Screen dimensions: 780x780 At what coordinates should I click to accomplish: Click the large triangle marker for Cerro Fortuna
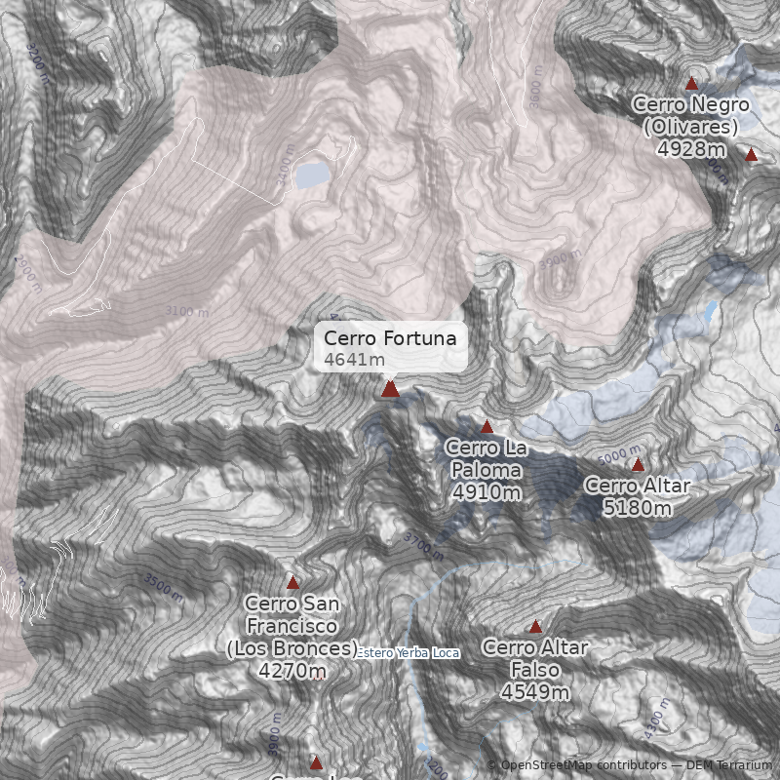(390, 389)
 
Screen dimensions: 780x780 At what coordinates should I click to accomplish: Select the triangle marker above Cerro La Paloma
(487, 426)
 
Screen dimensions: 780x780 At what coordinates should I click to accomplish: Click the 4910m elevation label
(487, 492)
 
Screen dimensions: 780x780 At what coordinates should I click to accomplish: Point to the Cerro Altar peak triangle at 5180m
(638, 465)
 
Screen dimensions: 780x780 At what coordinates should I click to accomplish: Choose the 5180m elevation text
(637, 508)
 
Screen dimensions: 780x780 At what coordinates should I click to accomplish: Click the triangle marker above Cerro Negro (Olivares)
(692, 84)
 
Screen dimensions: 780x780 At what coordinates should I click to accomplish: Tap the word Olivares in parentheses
(691, 127)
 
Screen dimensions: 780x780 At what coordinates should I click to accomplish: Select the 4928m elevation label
(691, 149)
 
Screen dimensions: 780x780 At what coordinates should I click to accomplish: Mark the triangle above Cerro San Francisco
(292, 582)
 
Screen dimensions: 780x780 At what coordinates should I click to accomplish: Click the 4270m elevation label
(292, 671)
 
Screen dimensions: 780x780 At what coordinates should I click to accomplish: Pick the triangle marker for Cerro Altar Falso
(535, 626)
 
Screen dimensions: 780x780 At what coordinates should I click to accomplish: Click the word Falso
(535, 670)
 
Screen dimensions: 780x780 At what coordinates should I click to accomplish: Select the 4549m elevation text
(535, 692)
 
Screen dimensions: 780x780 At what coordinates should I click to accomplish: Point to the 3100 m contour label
(186, 311)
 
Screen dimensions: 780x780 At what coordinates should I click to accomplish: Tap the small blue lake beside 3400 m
(313, 174)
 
